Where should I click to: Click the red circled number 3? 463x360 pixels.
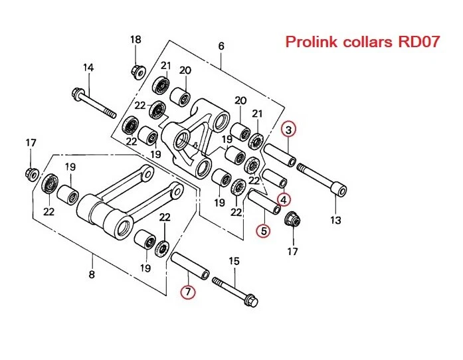(290, 129)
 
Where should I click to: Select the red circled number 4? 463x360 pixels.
(284, 199)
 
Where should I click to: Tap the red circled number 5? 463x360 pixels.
(264, 231)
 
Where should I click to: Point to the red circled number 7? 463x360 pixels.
(191, 292)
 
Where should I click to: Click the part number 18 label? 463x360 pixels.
(136, 40)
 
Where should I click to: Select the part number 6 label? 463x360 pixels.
(221, 46)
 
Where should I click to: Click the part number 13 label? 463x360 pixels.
(335, 220)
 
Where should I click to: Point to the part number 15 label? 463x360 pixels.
(233, 261)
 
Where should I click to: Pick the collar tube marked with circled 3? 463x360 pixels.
(281, 154)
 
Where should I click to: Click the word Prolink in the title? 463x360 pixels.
(309, 43)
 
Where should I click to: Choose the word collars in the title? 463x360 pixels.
(365, 43)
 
